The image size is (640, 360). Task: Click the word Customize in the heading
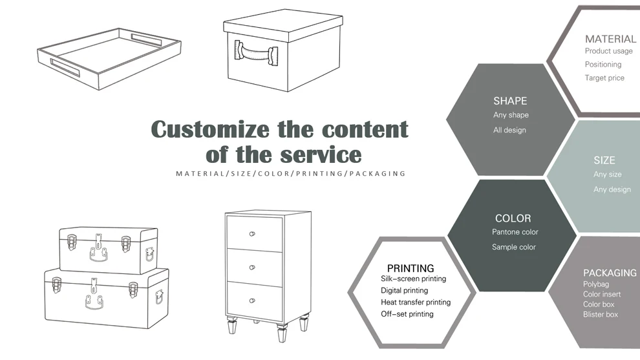coord(211,129)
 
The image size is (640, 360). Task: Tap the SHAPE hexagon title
coord(510,101)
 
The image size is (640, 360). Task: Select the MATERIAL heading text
coord(610,39)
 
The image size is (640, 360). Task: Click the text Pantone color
coord(515,232)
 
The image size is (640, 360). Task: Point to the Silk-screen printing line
coord(413,279)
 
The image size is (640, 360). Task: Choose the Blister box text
coord(601,315)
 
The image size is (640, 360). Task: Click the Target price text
coord(604,78)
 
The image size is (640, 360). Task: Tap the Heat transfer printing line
coord(416,302)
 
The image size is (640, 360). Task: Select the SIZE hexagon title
coord(604,160)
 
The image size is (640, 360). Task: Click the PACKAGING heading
coord(610,273)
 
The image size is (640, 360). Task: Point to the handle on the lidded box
coord(256,51)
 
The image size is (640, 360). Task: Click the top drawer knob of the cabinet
coord(253,233)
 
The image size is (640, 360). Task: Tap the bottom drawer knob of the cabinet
coord(253,301)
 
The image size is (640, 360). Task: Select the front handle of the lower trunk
coord(94,301)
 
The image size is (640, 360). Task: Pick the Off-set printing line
coord(407,314)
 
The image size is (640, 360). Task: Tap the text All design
coord(509,130)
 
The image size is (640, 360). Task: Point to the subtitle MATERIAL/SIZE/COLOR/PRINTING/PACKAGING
coord(291,174)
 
